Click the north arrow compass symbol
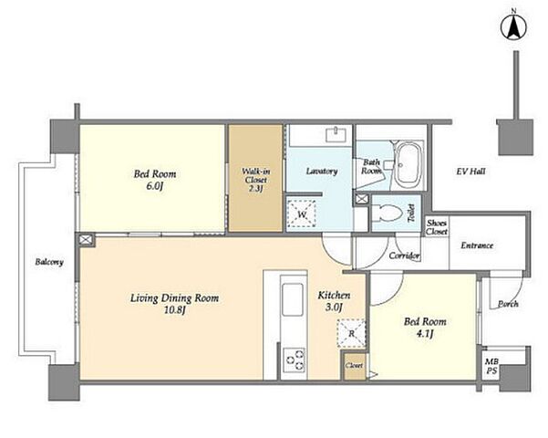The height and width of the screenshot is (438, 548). click(x=513, y=26)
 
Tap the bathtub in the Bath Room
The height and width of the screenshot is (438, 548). click(x=408, y=165)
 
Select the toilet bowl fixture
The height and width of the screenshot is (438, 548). click(x=387, y=213)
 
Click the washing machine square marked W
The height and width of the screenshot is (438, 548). click(x=302, y=214)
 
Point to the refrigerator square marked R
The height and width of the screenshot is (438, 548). click(x=351, y=333)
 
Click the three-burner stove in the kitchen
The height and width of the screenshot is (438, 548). click(x=294, y=360)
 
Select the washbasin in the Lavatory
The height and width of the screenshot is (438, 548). click(x=336, y=135)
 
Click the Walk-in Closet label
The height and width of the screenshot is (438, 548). click(x=255, y=180)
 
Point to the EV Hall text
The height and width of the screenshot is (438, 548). click(x=470, y=172)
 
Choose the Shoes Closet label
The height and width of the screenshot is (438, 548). click(x=437, y=227)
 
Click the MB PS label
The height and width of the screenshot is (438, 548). click(x=491, y=366)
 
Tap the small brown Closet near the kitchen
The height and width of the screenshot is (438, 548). click(x=354, y=366)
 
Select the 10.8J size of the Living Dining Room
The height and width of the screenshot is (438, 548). click(x=175, y=309)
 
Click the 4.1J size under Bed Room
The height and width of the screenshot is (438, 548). click(x=425, y=334)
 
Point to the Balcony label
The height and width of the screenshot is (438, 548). click(x=49, y=262)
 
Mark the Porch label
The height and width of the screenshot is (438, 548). click(x=508, y=304)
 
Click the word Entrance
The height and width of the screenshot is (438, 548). click(x=477, y=245)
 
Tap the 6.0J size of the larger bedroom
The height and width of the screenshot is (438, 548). click(x=155, y=186)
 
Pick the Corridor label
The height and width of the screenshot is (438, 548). click(x=404, y=255)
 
